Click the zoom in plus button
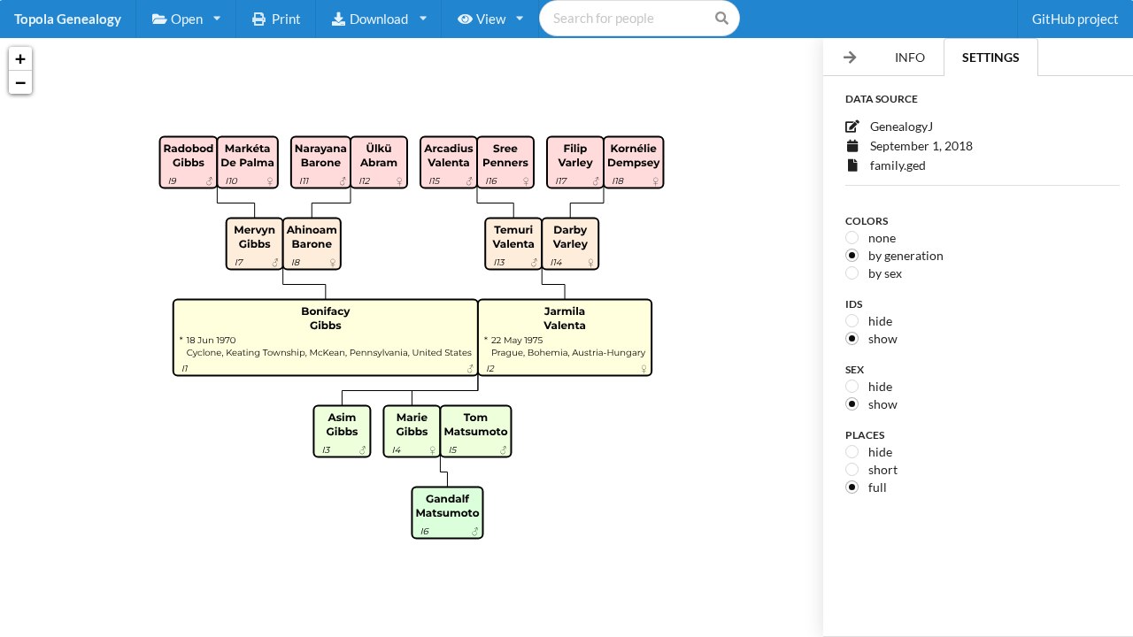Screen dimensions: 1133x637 (x=20, y=59)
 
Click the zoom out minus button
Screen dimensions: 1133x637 (x=20, y=82)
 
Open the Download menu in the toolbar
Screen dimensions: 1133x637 (x=379, y=19)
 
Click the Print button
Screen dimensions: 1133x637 (x=276, y=19)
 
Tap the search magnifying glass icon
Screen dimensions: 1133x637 (x=721, y=19)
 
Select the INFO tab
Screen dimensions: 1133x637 (x=909, y=58)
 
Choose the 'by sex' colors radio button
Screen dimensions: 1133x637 (x=852, y=273)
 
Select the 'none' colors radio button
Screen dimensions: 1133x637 (x=852, y=238)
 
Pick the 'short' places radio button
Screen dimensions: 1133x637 (x=852, y=470)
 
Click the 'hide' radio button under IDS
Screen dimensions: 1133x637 (x=852, y=321)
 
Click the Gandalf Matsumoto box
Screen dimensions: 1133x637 (x=447, y=512)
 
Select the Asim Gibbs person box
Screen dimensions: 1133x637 (x=342, y=431)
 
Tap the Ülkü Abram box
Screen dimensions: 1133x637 (x=379, y=162)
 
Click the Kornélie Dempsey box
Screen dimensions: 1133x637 (x=633, y=162)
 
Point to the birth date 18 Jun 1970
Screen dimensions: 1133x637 (x=211, y=341)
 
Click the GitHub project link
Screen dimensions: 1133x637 (x=1075, y=19)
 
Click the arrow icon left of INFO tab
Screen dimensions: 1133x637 (x=850, y=58)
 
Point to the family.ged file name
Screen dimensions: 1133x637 (x=898, y=165)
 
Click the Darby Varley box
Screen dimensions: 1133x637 (x=570, y=243)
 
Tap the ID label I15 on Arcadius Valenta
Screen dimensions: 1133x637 (x=435, y=181)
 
